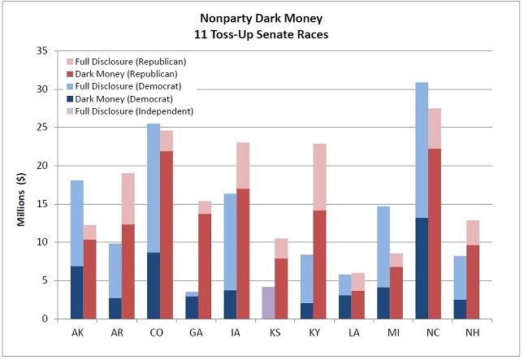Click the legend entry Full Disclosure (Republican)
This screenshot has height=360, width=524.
click(x=126, y=61)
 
